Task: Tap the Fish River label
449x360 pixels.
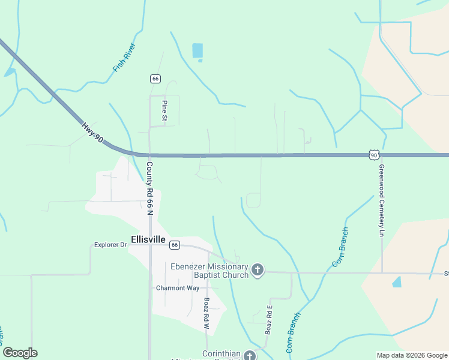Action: [x=124, y=58]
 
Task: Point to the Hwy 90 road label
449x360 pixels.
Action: [x=92, y=133]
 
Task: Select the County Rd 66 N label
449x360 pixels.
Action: [x=149, y=187]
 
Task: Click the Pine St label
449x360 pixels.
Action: [x=164, y=110]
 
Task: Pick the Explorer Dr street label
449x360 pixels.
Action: [x=110, y=245]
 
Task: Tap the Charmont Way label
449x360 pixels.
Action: [x=177, y=288]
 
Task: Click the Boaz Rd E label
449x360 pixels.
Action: [x=270, y=320]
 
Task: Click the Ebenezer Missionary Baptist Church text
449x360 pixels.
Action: [x=209, y=271]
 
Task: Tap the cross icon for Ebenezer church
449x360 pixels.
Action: [x=258, y=270]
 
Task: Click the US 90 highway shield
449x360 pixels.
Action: [x=373, y=155]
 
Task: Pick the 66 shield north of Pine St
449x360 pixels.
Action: [x=155, y=79]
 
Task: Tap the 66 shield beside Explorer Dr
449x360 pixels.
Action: [x=174, y=245]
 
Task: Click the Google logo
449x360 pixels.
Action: [x=20, y=353]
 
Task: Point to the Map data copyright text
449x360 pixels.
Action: [x=412, y=355]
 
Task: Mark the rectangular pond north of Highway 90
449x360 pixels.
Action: [x=197, y=51]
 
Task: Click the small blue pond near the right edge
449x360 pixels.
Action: [x=396, y=281]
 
